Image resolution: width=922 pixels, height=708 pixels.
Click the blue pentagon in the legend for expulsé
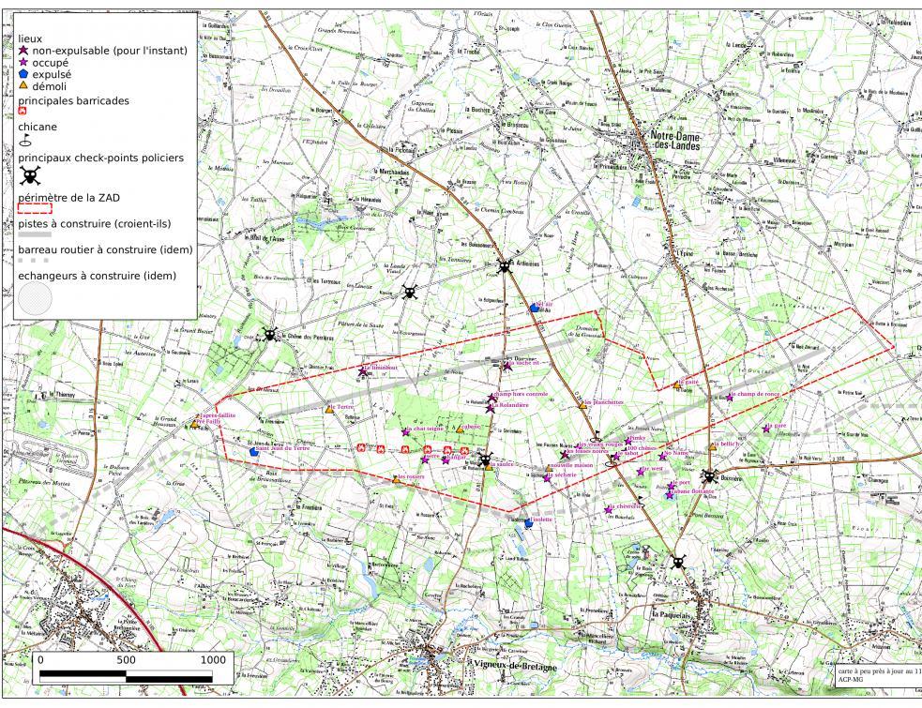click(x=23, y=73)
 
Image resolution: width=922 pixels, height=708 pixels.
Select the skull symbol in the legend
click(x=30, y=175)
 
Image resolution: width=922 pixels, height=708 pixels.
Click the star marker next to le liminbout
click(x=362, y=371)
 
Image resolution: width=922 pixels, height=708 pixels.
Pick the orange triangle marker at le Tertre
click(x=328, y=408)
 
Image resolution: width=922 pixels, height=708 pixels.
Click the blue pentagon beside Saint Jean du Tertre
click(x=254, y=451)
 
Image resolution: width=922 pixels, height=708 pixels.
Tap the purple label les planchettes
click(x=602, y=401)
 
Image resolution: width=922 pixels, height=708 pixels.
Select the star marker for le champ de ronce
click(x=729, y=397)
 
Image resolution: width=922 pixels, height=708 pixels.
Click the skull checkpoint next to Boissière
click(x=710, y=476)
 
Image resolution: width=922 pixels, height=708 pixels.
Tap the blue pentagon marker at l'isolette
click(x=529, y=524)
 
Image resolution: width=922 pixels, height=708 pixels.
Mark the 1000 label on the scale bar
click(x=212, y=659)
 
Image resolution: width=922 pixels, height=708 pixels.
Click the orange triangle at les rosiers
click(x=401, y=480)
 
